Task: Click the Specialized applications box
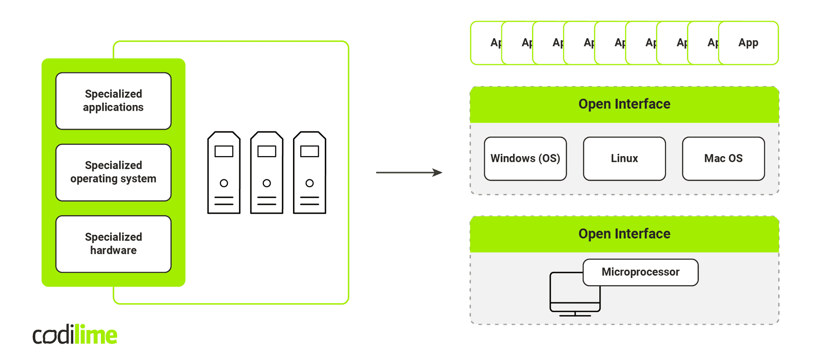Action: [x=113, y=101]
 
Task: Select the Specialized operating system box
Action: [x=113, y=172]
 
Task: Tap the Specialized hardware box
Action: [x=113, y=244]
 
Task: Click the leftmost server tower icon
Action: [x=224, y=173]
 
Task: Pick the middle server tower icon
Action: [x=267, y=173]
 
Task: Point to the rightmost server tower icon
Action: [x=310, y=173]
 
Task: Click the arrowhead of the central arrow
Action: [x=438, y=172]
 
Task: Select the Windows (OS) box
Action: [x=525, y=159]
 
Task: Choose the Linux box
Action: [x=624, y=159]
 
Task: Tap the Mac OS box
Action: [x=723, y=159]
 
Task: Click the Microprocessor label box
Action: [x=640, y=272]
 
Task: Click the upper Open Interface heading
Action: [x=624, y=104]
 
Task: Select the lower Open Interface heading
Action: [x=624, y=234]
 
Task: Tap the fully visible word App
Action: [x=748, y=43]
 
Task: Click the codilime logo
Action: [x=75, y=335]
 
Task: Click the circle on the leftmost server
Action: [x=224, y=183]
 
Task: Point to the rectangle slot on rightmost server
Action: [x=310, y=151]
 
